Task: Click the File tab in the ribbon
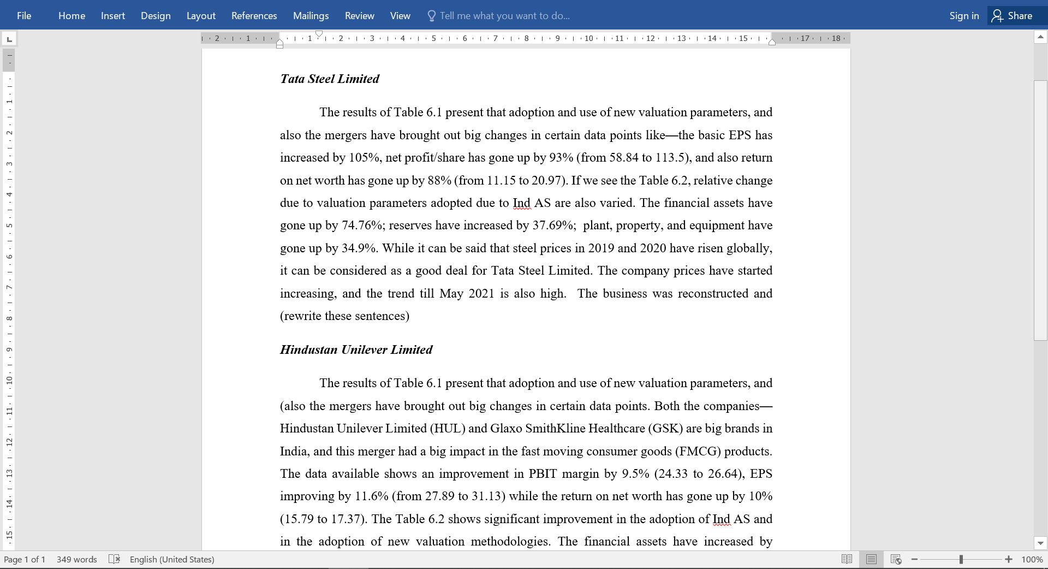(x=24, y=16)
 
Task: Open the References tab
(x=254, y=16)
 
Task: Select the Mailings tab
(x=311, y=16)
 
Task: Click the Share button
(x=1013, y=16)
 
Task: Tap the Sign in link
(x=964, y=16)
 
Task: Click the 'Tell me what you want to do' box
(x=504, y=16)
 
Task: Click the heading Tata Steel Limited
(x=330, y=79)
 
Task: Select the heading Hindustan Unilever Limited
(x=356, y=349)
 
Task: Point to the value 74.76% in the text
(x=363, y=226)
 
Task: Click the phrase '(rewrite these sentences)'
(x=344, y=316)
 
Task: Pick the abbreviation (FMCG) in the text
(x=698, y=452)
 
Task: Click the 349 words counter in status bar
(x=76, y=559)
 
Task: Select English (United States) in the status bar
(x=172, y=559)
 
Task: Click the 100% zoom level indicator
(x=1032, y=559)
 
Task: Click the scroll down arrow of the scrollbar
(x=1040, y=543)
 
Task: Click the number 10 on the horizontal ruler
(x=588, y=38)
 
